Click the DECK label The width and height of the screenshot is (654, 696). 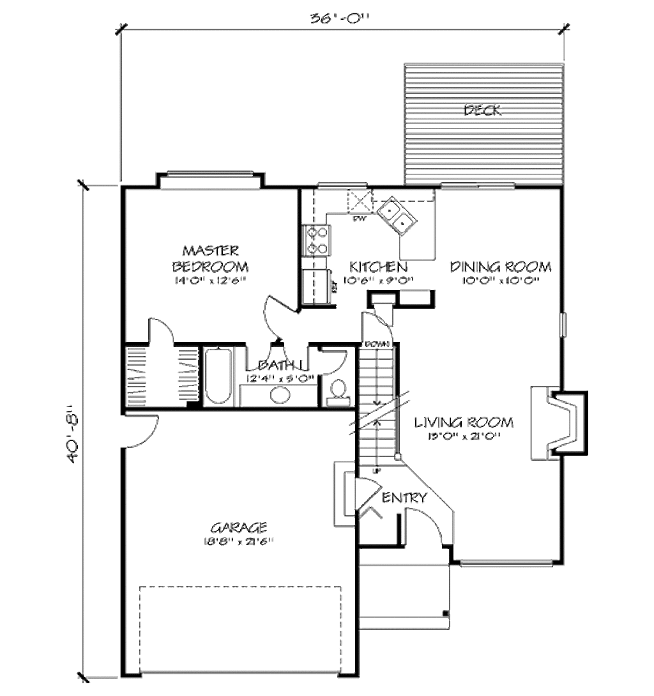coord(482,111)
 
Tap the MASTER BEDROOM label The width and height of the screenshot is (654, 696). coord(210,258)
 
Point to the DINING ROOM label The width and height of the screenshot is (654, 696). coord(499,267)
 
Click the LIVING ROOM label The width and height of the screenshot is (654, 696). coord(464,422)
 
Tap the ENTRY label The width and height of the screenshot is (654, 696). coord(403,498)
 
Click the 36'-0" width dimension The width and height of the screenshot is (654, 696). coord(341,19)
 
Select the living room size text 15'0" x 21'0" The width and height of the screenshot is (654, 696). coord(464,437)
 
